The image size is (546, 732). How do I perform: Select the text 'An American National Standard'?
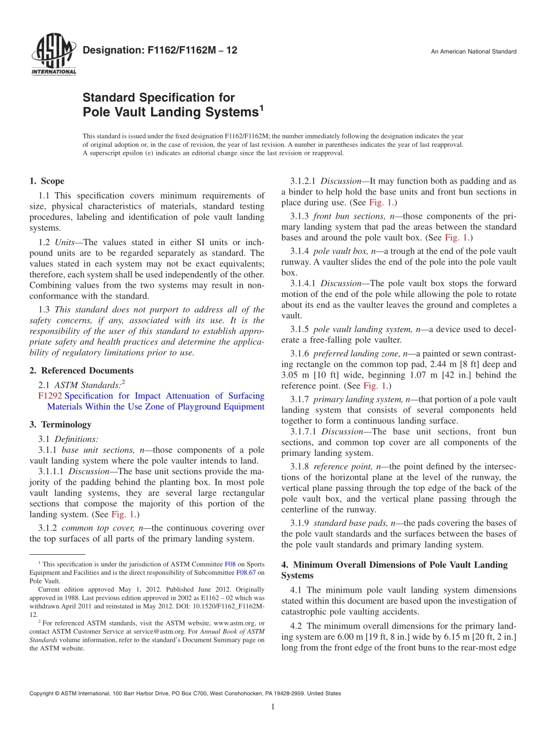click(x=473, y=52)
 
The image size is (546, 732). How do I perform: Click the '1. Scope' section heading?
click(x=47, y=181)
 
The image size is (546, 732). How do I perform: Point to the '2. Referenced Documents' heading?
click(x=81, y=371)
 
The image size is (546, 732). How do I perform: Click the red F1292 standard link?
click(x=50, y=396)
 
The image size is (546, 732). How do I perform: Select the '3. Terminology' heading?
click(x=60, y=425)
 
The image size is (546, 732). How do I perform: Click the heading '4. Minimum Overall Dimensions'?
click(x=394, y=565)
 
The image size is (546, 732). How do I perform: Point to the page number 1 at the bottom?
click(x=273, y=707)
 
